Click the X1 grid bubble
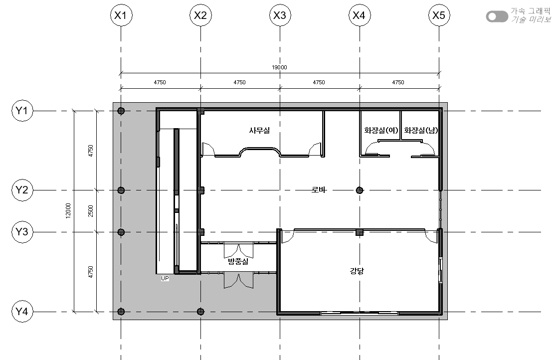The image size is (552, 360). pos(121,15)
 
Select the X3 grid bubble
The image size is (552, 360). pos(280,15)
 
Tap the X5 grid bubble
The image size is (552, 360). pos(439,15)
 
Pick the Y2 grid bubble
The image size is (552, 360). pos(22,190)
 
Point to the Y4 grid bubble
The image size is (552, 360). pos(22,312)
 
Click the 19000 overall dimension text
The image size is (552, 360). pos(280,67)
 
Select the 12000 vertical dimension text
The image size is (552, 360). pos(68,210)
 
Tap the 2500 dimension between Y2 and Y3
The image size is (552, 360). pos(90,211)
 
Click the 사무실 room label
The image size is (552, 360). pos(259,131)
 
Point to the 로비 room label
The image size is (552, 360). pos(319,189)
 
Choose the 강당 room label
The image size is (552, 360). pos(357,271)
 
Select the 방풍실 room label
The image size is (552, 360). pos(238,261)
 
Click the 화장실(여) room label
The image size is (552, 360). pos(381,131)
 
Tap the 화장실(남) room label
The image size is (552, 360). pos(421,131)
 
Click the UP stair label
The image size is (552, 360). pos(165,278)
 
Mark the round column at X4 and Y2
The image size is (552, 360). pos(360,190)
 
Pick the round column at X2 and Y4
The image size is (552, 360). pos(200,312)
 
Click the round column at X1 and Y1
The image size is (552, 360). pos(121,111)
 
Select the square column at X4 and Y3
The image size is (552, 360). pos(360,232)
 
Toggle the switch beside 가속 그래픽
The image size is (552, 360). pos(497,16)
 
